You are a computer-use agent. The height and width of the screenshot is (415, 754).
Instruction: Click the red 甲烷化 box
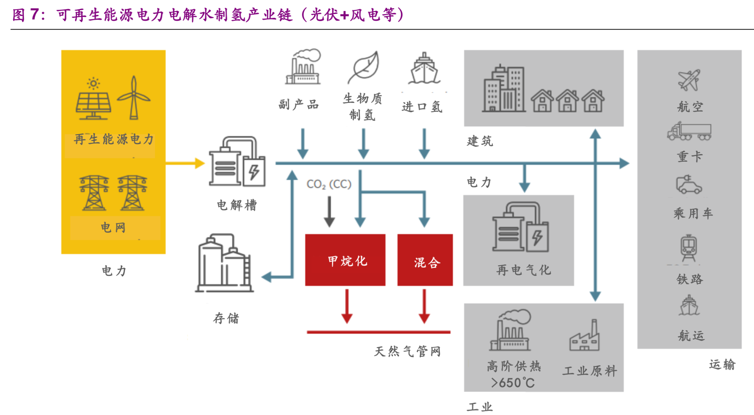click(x=345, y=260)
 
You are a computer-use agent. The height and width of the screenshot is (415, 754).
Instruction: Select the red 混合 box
click(x=425, y=260)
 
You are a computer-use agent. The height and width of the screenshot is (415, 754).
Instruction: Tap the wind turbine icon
click(x=134, y=98)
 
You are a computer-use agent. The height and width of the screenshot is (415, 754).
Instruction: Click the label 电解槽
click(x=237, y=205)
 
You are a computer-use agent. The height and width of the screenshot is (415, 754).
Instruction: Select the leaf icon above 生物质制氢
click(x=364, y=67)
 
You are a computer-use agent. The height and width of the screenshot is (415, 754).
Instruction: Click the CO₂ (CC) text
click(x=329, y=184)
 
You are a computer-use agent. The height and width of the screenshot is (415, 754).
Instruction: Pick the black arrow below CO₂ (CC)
click(x=329, y=211)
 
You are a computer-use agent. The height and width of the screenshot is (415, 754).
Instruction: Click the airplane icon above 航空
click(x=689, y=80)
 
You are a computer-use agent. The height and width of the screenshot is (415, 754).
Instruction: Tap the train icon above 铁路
click(x=689, y=248)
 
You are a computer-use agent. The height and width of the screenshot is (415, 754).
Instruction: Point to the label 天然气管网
click(x=407, y=351)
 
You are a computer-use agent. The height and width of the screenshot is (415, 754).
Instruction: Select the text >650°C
click(x=513, y=383)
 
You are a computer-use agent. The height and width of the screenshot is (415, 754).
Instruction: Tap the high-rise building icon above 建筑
click(x=503, y=90)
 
